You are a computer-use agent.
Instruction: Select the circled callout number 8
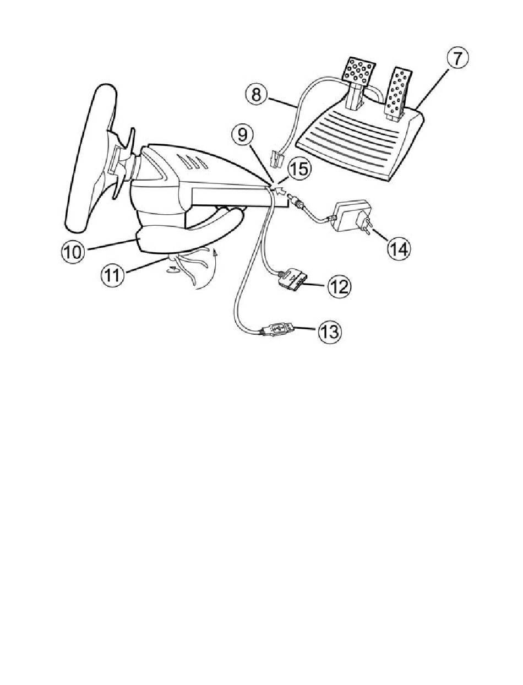(x=256, y=94)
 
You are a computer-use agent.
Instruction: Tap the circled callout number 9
(x=243, y=135)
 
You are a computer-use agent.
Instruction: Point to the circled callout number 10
(x=73, y=252)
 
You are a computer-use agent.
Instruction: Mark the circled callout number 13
(x=330, y=331)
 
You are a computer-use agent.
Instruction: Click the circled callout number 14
(x=399, y=249)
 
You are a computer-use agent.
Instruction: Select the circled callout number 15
(x=299, y=169)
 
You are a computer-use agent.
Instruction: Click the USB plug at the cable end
(x=276, y=329)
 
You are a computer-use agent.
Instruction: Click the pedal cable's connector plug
(x=275, y=159)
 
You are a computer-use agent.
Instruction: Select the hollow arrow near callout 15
(x=280, y=191)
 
